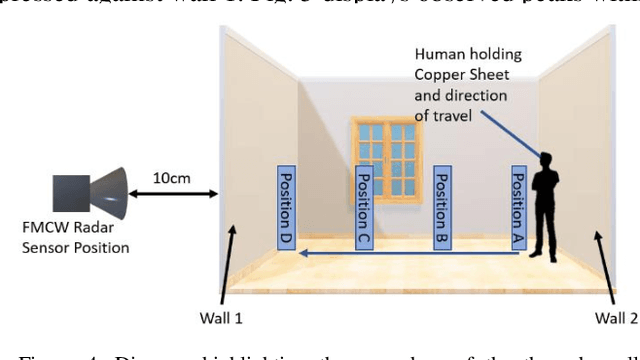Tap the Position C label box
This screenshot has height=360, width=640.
[x=364, y=207]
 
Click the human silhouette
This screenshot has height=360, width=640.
[x=548, y=210]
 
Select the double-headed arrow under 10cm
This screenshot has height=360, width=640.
[x=177, y=194]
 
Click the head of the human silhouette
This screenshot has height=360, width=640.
[x=546, y=159]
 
